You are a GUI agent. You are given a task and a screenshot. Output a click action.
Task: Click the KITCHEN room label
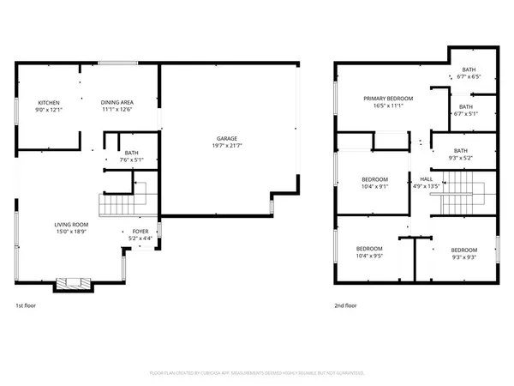point(48,102)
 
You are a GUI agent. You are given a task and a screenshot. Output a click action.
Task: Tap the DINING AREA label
point(117,102)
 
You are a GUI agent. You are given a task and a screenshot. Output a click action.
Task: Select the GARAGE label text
point(226,138)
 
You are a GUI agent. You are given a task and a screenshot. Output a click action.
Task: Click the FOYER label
point(140,232)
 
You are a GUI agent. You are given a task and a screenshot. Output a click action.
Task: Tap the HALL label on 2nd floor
point(426,179)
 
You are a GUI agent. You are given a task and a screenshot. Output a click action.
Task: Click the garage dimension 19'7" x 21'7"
point(226,146)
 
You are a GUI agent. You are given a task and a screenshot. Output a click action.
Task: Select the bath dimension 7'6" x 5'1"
point(131,159)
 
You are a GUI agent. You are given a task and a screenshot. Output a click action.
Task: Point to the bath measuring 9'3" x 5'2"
point(460,158)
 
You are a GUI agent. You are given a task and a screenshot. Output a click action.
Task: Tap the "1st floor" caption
point(26,305)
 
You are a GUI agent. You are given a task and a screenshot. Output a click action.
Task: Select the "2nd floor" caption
point(344,305)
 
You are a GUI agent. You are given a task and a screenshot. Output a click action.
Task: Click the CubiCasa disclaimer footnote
point(257,373)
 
